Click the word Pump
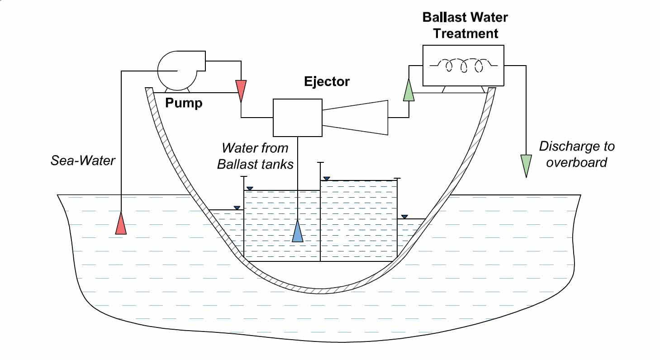[184, 103]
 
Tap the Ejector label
[327, 82]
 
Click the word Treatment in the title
[465, 33]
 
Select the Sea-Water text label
[83, 160]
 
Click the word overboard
[576, 162]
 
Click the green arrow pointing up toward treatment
[408, 90]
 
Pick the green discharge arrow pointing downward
[526, 165]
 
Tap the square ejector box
[297, 118]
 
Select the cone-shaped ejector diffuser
[355, 118]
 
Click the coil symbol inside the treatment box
[463, 65]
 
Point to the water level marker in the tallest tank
[327, 179]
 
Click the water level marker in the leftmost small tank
[237, 208]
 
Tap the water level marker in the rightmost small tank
[404, 217]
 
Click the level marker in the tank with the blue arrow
[250, 188]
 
